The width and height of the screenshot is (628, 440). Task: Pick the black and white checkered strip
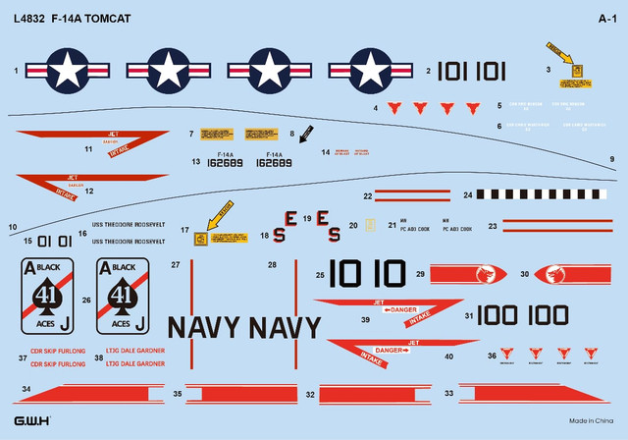(x=538, y=195)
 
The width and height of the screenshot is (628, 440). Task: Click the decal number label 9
(x=611, y=159)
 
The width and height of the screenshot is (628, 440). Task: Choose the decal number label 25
(x=320, y=276)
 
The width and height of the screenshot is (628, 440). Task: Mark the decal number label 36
(x=490, y=356)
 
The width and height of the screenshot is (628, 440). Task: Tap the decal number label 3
(x=549, y=69)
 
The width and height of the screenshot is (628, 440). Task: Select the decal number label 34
(x=26, y=391)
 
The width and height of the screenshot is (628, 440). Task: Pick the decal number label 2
(x=428, y=71)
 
